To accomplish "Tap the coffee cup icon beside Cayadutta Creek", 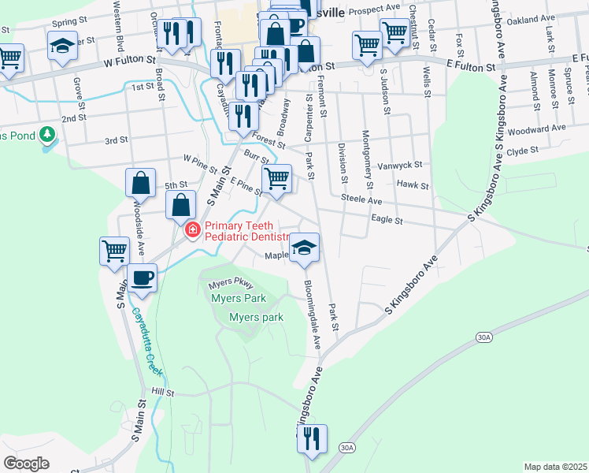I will click(x=142, y=277).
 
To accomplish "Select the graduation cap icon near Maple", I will click(x=303, y=248).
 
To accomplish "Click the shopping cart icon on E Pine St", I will click(x=276, y=179).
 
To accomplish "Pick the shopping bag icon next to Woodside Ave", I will click(x=140, y=184).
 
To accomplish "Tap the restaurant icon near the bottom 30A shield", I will click(x=312, y=439).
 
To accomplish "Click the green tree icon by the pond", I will click(x=48, y=135).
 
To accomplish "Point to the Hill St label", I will click(x=162, y=392).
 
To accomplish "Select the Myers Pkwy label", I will click(x=232, y=284).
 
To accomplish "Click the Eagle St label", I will click(x=387, y=222).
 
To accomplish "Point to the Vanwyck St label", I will click(x=400, y=166).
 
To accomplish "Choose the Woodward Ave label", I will click(x=537, y=128).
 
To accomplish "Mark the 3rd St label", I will click(x=116, y=141).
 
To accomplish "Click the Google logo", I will click(x=26, y=464).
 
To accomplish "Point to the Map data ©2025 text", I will click(x=554, y=467).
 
